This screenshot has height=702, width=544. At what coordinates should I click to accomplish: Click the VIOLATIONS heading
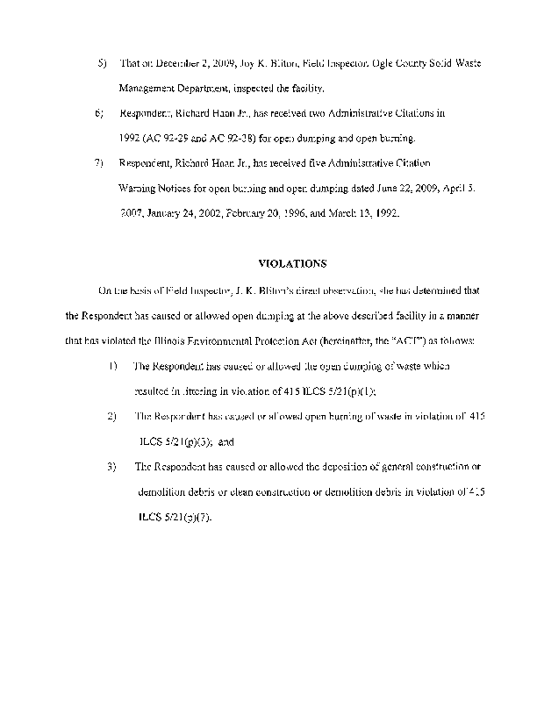(291, 262)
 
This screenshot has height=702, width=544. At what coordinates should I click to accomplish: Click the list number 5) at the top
(101, 65)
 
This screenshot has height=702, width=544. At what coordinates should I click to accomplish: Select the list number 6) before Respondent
(99, 114)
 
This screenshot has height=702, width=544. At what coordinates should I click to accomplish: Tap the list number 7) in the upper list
(99, 163)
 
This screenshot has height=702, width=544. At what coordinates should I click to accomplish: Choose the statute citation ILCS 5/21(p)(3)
(175, 441)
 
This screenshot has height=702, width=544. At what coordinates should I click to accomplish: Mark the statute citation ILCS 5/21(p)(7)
(175, 516)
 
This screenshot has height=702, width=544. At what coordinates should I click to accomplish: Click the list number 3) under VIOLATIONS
(111, 467)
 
